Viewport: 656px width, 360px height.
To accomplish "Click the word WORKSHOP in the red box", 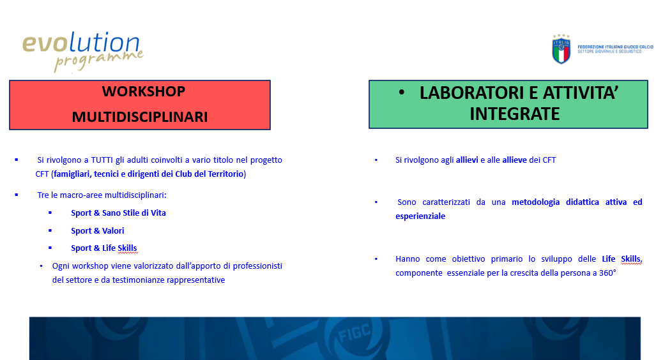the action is click(144, 91).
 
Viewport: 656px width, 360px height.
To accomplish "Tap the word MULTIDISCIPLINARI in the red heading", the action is click(140, 117).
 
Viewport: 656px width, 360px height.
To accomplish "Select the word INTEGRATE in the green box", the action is click(515, 114).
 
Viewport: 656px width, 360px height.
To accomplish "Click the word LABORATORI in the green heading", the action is click(472, 93).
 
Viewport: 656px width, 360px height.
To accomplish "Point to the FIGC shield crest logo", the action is click(561, 49).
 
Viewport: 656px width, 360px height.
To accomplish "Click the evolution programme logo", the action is click(82, 51).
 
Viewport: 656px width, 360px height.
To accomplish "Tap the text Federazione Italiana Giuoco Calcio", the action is click(615, 47).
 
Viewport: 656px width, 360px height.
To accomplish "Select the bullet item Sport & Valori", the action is click(98, 230).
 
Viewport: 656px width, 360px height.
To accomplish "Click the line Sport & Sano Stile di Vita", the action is click(118, 213).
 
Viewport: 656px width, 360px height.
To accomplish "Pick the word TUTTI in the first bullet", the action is click(102, 160).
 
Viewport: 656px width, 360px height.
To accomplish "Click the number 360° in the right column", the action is click(607, 273).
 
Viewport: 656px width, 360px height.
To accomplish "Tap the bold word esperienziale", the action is click(420, 216).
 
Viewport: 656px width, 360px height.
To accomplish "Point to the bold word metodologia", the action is click(535, 202).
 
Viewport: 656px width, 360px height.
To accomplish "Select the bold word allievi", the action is click(467, 160).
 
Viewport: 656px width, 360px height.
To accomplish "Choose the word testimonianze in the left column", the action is click(138, 280).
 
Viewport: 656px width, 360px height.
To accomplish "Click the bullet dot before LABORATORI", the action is click(402, 93).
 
